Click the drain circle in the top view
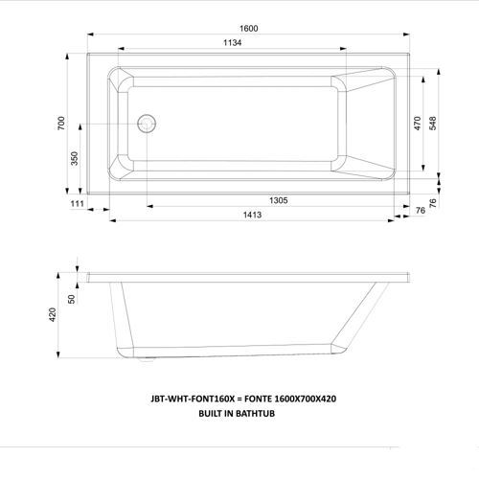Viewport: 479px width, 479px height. coord(147,124)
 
